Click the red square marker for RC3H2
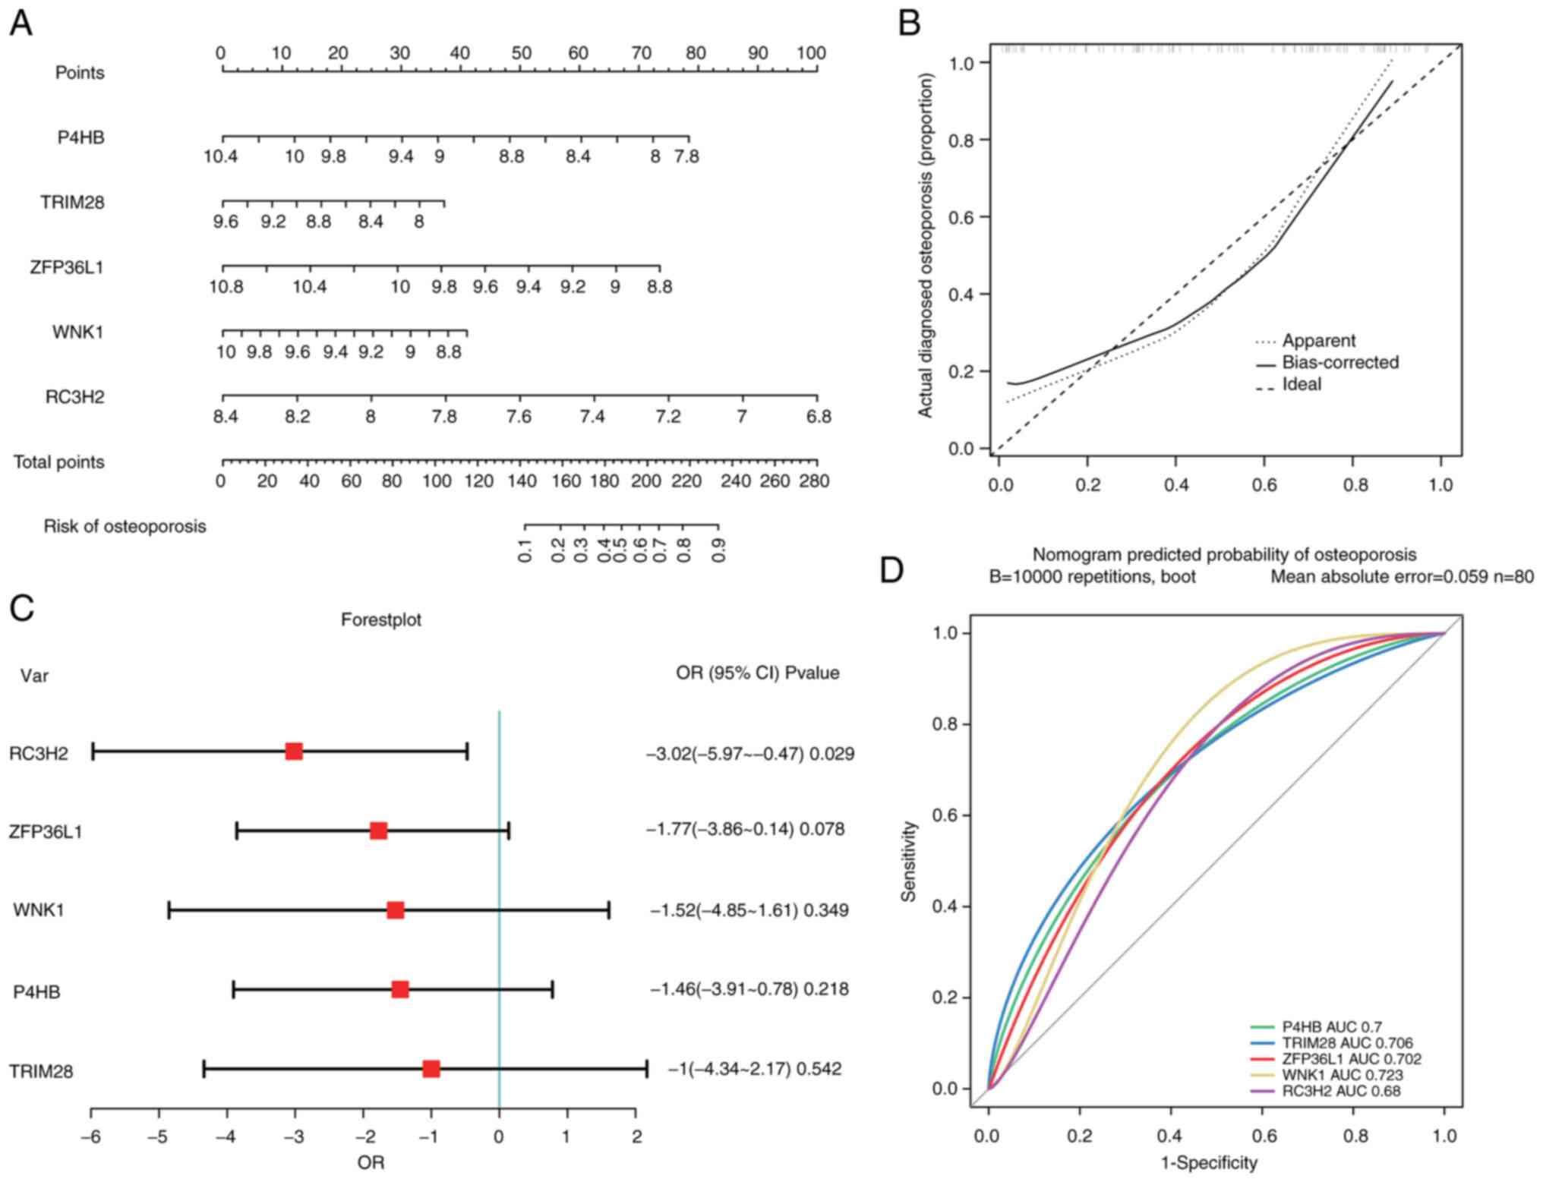pyautogui.click(x=294, y=752)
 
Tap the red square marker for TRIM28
pyautogui.click(x=431, y=1069)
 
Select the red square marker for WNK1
pyautogui.click(x=396, y=910)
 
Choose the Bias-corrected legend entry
pyautogui.click(x=1340, y=363)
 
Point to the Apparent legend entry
pyautogui.click(x=1318, y=341)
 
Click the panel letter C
pyautogui.click(x=22, y=608)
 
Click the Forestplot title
pyautogui.click(x=380, y=620)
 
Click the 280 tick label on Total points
pyautogui.click(x=813, y=481)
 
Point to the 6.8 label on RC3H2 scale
pyautogui.click(x=819, y=417)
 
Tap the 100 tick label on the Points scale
pyautogui.click(x=811, y=53)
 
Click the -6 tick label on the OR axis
pyautogui.click(x=90, y=1136)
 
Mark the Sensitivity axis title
pyautogui.click(x=909, y=861)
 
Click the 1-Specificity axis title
pyautogui.click(x=1209, y=1163)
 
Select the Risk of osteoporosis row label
pyautogui.click(x=125, y=527)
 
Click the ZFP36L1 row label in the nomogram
pyautogui.click(x=67, y=267)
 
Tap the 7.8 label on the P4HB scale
pyautogui.click(x=686, y=157)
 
